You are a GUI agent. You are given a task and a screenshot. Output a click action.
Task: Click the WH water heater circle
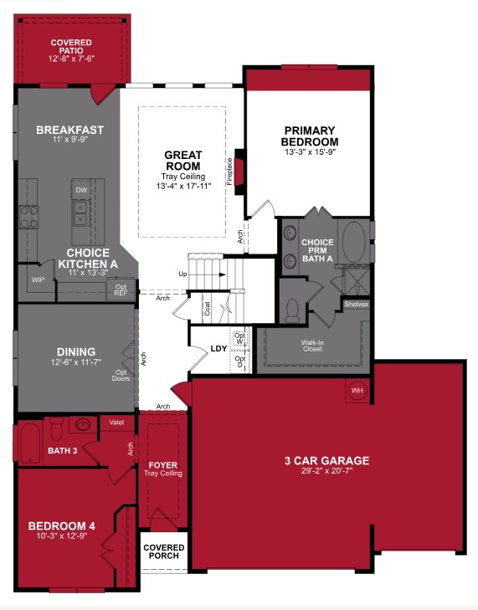(357, 391)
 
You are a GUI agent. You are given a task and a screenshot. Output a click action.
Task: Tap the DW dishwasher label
(81, 190)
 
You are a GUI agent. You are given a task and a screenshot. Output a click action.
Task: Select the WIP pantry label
(38, 279)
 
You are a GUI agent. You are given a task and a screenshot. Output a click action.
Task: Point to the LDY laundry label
(218, 347)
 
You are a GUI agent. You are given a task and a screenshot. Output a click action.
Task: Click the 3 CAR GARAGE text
(326, 460)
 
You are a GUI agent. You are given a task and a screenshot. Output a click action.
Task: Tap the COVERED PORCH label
(164, 552)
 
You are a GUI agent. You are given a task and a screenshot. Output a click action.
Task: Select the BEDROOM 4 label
(62, 525)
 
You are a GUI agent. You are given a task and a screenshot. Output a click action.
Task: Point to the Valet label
(117, 423)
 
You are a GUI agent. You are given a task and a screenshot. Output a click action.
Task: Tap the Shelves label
(356, 304)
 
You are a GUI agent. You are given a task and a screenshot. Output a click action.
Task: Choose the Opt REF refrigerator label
(121, 290)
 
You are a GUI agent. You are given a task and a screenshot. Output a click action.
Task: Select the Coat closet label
(206, 308)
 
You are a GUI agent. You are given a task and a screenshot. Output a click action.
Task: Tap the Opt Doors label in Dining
(121, 375)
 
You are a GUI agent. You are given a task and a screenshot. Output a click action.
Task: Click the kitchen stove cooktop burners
(28, 218)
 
